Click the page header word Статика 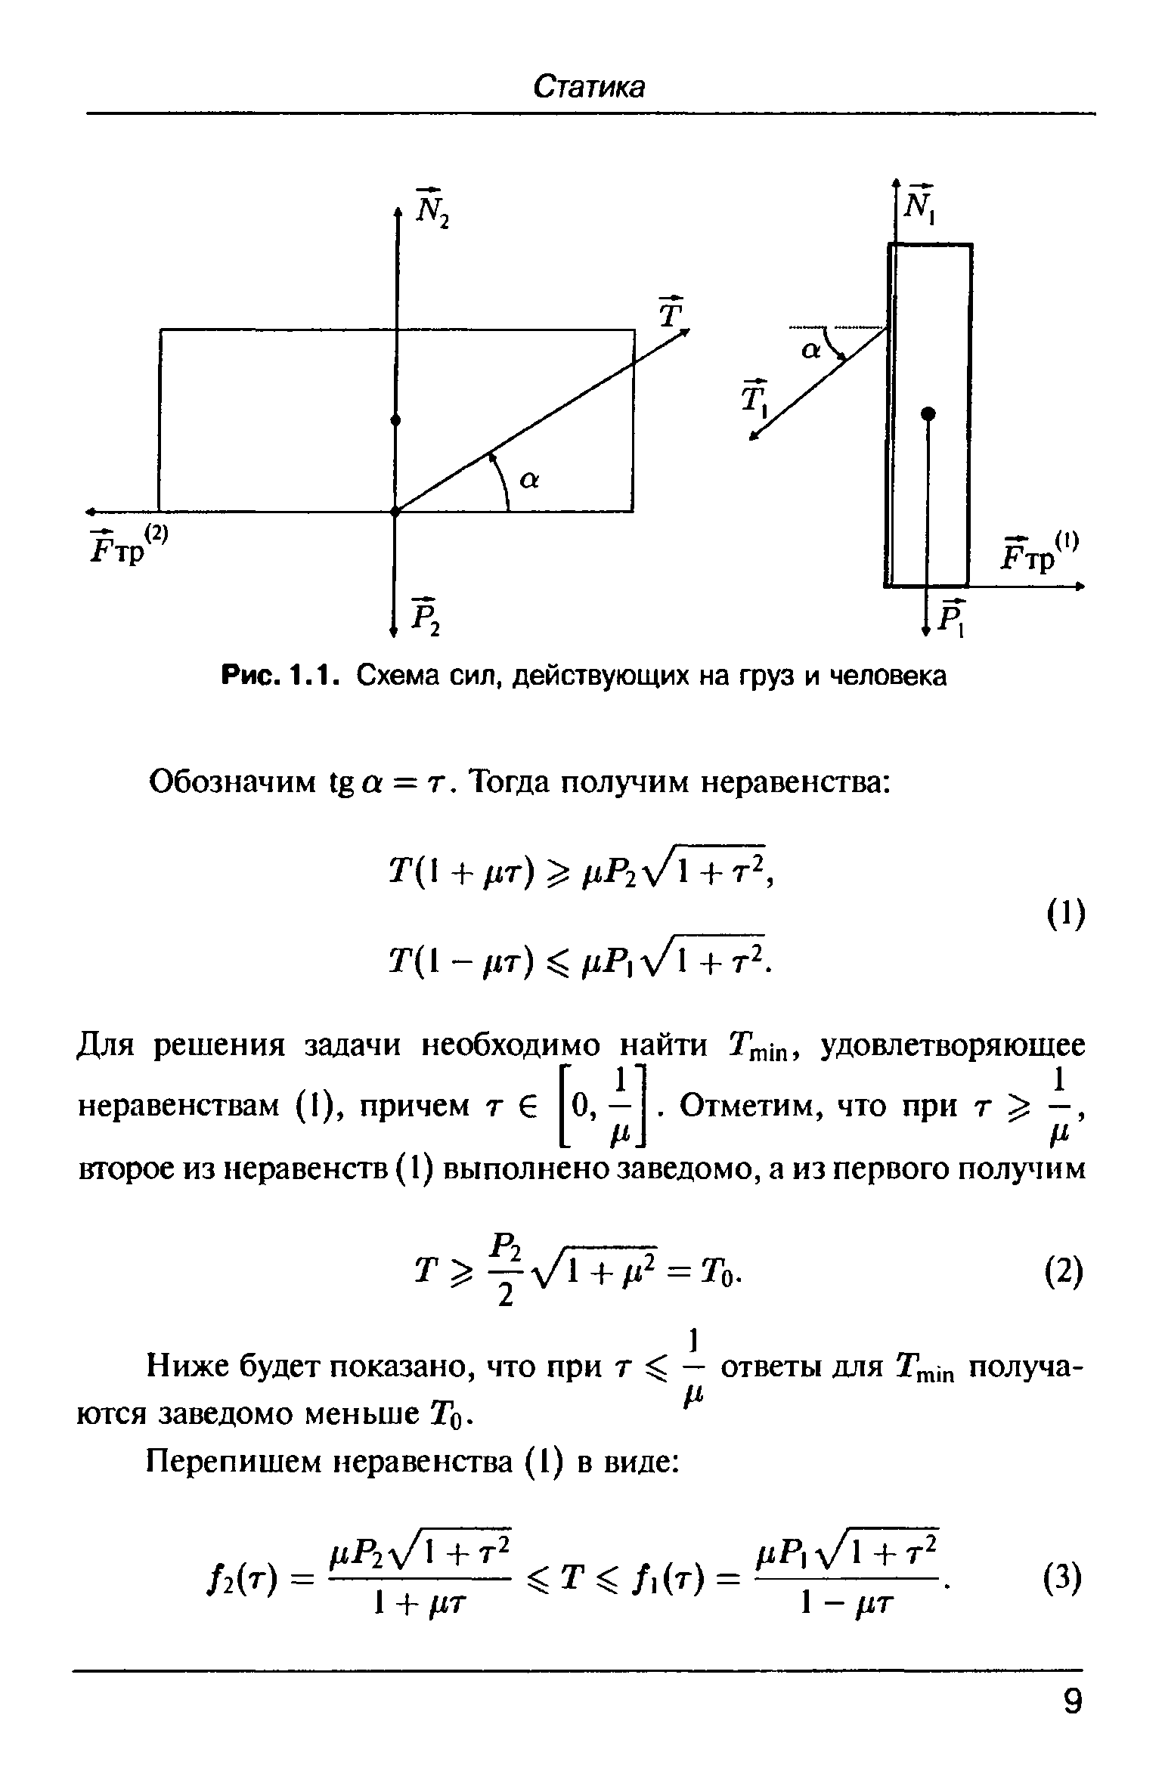(x=589, y=87)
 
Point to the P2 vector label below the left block (x=426, y=616)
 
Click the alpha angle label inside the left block (x=529, y=481)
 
